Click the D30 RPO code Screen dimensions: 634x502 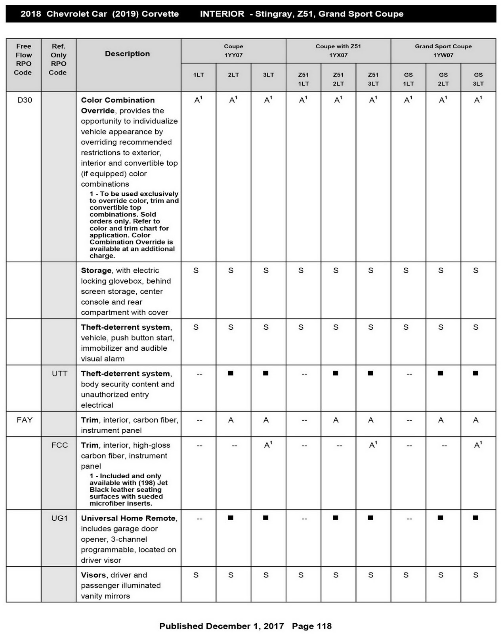25,100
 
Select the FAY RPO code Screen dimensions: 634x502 25,420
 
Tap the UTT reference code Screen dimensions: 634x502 59,374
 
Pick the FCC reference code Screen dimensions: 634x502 59,445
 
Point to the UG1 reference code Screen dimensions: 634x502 59,518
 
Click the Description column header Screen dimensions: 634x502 127,54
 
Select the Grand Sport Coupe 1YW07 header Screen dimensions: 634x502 443,51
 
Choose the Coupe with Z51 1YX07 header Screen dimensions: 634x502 338,51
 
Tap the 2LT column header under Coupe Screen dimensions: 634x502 233,75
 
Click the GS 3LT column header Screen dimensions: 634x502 478,79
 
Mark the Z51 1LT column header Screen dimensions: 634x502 303,79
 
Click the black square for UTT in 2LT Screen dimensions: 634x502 231,373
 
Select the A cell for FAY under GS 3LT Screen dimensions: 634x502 475,420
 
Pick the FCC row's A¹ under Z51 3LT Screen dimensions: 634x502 373,445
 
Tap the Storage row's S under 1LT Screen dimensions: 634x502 196,271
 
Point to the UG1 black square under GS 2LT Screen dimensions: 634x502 441,518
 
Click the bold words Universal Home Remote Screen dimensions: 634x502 128,518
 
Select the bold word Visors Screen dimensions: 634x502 93,575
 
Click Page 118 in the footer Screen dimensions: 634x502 312,626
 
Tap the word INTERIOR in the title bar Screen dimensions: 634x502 222,14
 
